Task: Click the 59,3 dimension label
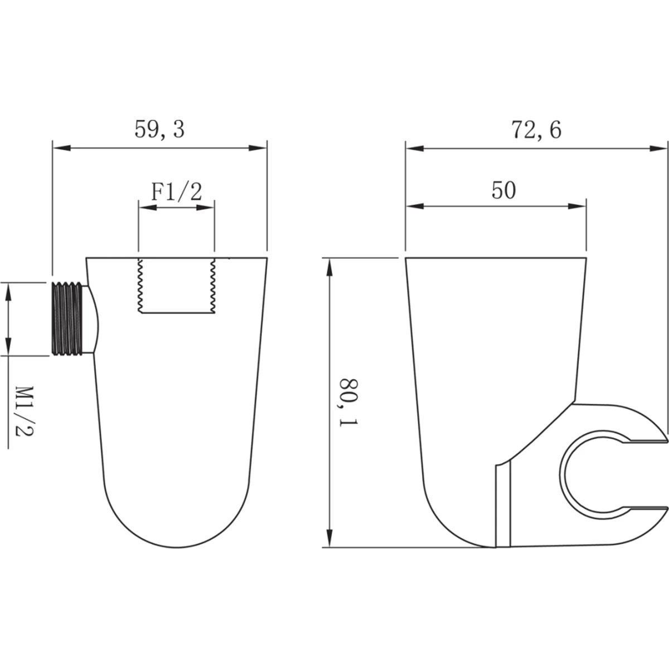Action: pos(159,129)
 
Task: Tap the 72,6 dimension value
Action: pos(536,130)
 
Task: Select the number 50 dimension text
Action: pos(504,190)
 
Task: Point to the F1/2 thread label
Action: pos(176,192)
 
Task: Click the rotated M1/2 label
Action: pos(24,411)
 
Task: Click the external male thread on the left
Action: pos(67,319)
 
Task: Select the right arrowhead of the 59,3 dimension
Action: pos(258,148)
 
